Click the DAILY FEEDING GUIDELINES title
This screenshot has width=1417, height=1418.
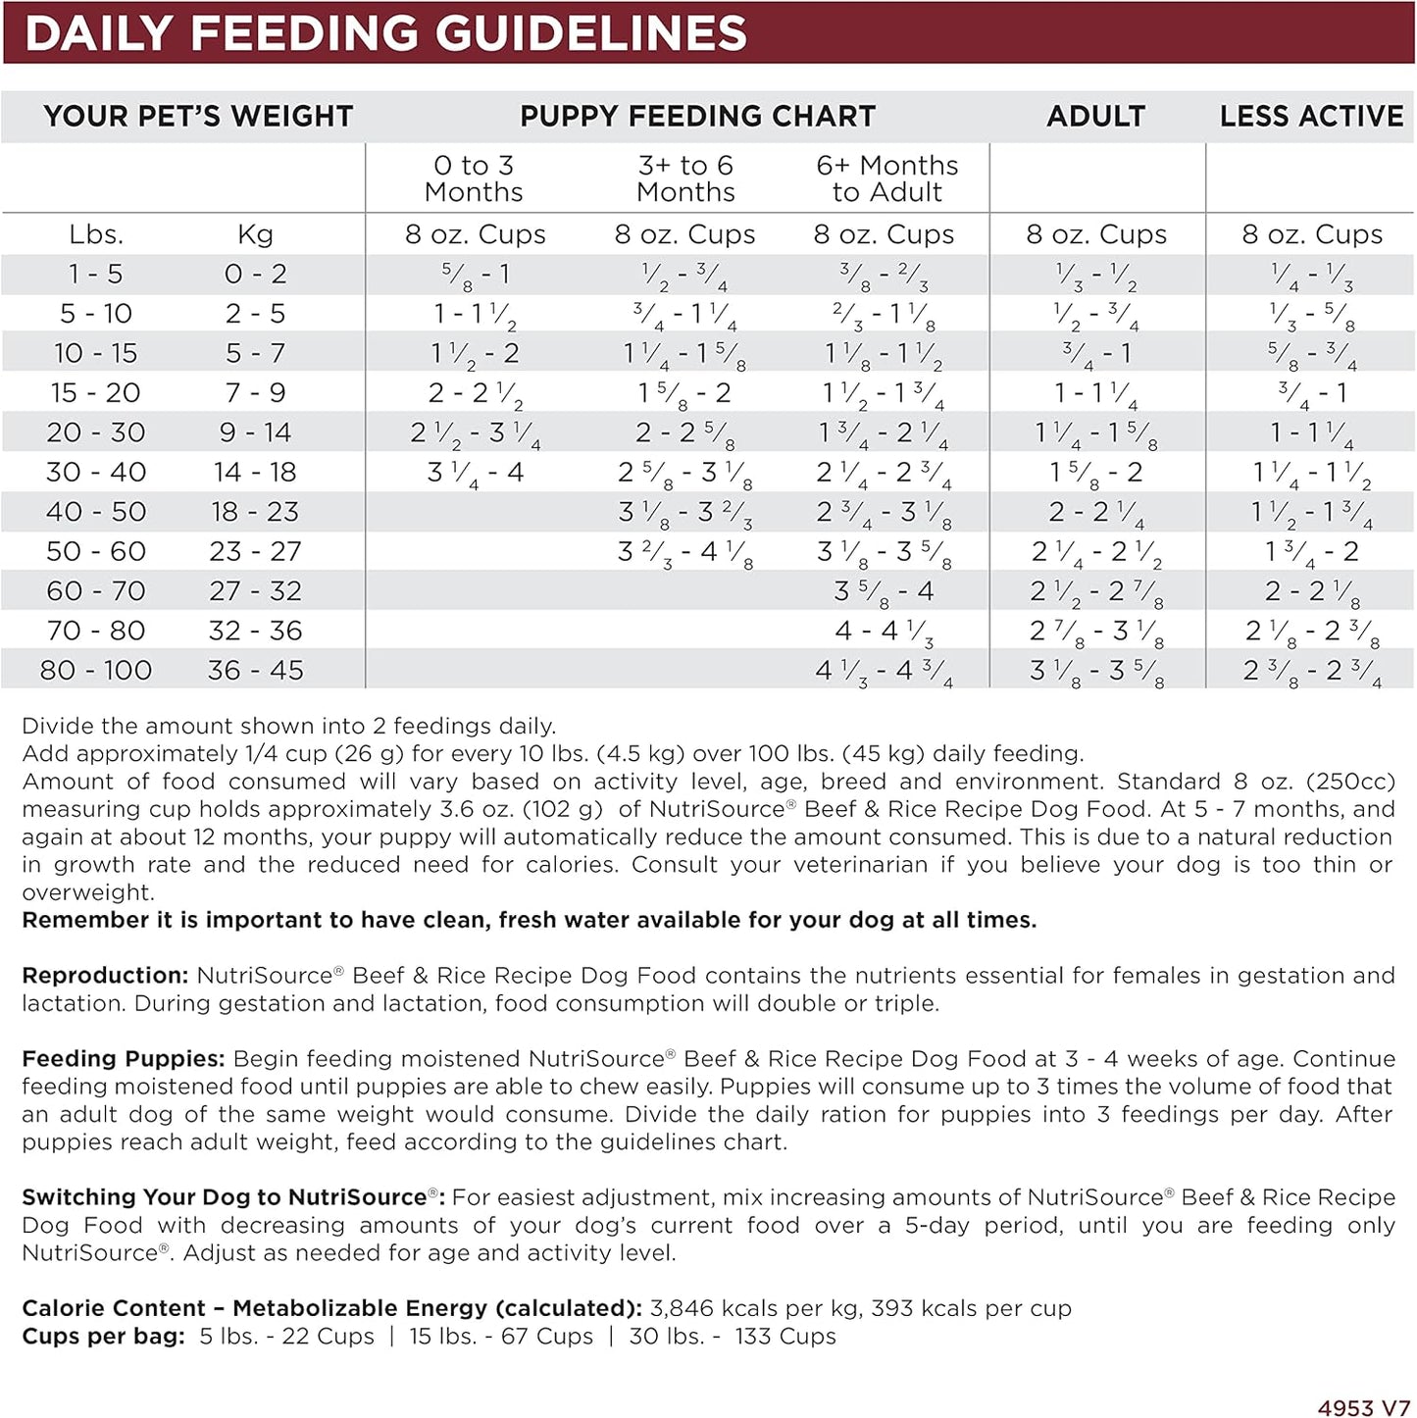click(385, 33)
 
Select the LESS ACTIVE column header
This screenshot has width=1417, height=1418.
click(1311, 117)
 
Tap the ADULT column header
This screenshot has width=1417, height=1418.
click(1095, 117)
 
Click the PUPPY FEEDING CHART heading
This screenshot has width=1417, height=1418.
click(697, 117)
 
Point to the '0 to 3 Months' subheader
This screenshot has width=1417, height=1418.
click(474, 178)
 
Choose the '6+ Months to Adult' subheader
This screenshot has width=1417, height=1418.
click(886, 178)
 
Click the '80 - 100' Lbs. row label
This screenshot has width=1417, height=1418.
click(96, 671)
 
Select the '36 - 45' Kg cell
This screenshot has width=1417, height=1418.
click(255, 671)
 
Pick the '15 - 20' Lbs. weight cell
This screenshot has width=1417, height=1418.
click(96, 393)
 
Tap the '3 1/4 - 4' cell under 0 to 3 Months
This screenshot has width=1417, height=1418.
click(476, 473)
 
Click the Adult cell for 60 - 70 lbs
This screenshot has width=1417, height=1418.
click(1096, 591)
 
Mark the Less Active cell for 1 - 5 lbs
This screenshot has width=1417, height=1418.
click(1312, 275)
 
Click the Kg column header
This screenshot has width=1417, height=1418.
click(255, 235)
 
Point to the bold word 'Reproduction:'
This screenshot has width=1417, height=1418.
click(105, 976)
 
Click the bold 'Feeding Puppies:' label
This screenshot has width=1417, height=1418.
click(124, 1059)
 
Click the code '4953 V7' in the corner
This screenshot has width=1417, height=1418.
click(1363, 1407)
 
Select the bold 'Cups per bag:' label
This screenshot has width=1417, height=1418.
click(103, 1337)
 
